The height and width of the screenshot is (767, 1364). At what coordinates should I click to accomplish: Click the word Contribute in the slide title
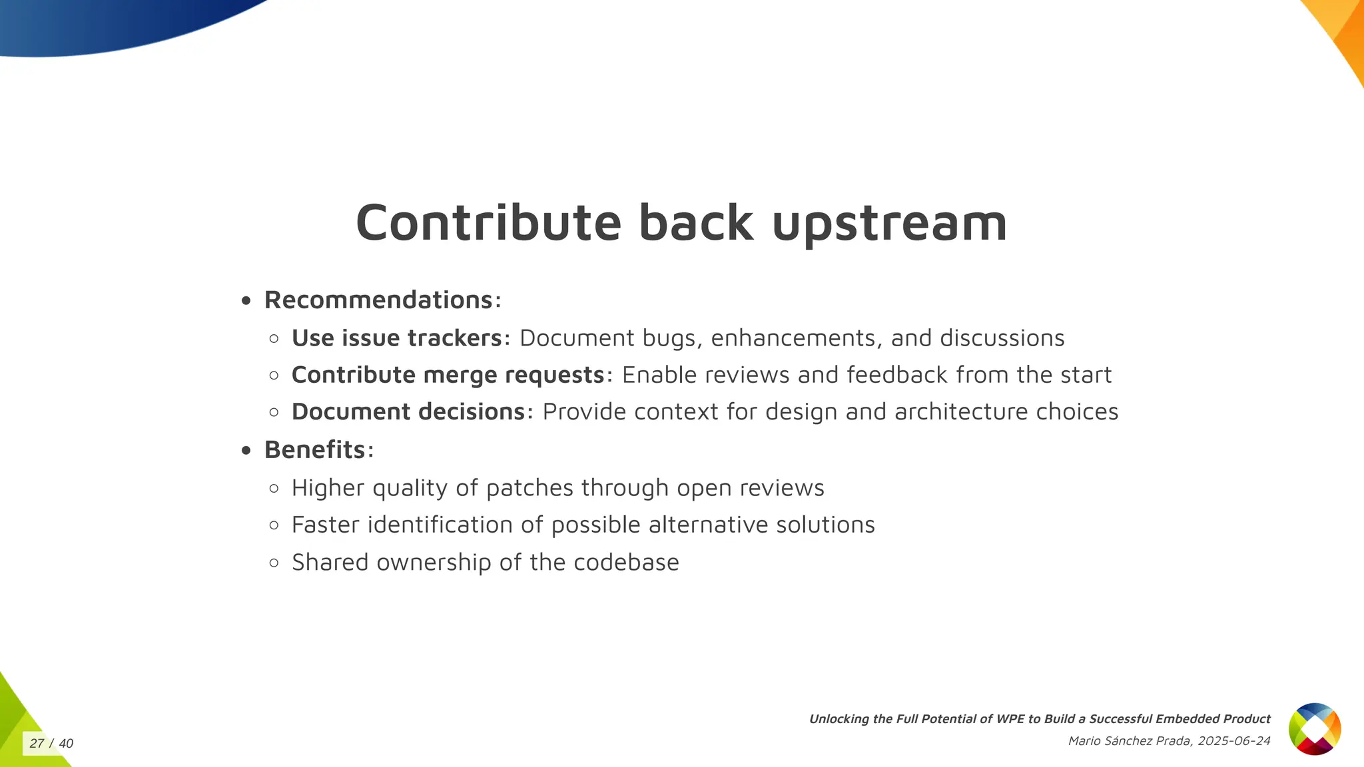click(488, 223)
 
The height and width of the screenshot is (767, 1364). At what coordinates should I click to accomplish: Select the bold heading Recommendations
click(378, 300)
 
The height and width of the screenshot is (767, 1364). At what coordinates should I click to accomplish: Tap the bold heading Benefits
click(314, 450)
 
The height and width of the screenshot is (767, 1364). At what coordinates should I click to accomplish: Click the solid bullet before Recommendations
click(246, 302)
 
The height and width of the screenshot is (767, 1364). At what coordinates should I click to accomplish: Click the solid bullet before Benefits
click(246, 451)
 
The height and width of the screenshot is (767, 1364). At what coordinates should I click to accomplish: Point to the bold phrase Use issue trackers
click(396, 338)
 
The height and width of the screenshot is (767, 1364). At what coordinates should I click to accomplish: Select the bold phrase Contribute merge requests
click(448, 376)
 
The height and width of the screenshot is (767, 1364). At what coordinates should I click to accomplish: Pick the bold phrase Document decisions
click(408, 412)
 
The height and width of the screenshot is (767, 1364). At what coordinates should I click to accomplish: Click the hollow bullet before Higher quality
click(274, 489)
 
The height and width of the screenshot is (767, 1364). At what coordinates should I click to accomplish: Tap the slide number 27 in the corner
click(37, 744)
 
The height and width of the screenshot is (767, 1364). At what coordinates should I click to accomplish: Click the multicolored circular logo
click(1314, 729)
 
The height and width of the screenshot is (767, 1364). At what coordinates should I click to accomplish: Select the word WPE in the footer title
click(1010, 719)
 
